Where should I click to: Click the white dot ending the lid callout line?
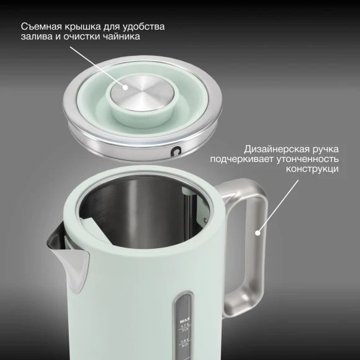click(126, 88)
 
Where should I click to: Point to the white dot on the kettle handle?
click(258, 235)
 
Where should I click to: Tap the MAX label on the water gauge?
click(184, 320)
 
